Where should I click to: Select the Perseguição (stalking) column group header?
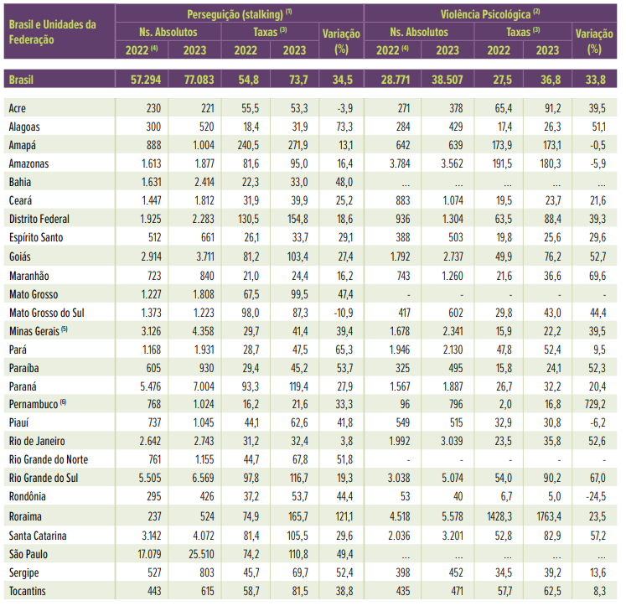click(x=239, y=13)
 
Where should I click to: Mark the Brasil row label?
click(x=23, y=80)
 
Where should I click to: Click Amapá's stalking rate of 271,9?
click(x=293, y=145)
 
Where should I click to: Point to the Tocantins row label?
click(x=28, y=592)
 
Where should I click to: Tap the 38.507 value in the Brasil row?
click(x=442, y=80)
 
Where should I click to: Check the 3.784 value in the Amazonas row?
click(x=392, y=163)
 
